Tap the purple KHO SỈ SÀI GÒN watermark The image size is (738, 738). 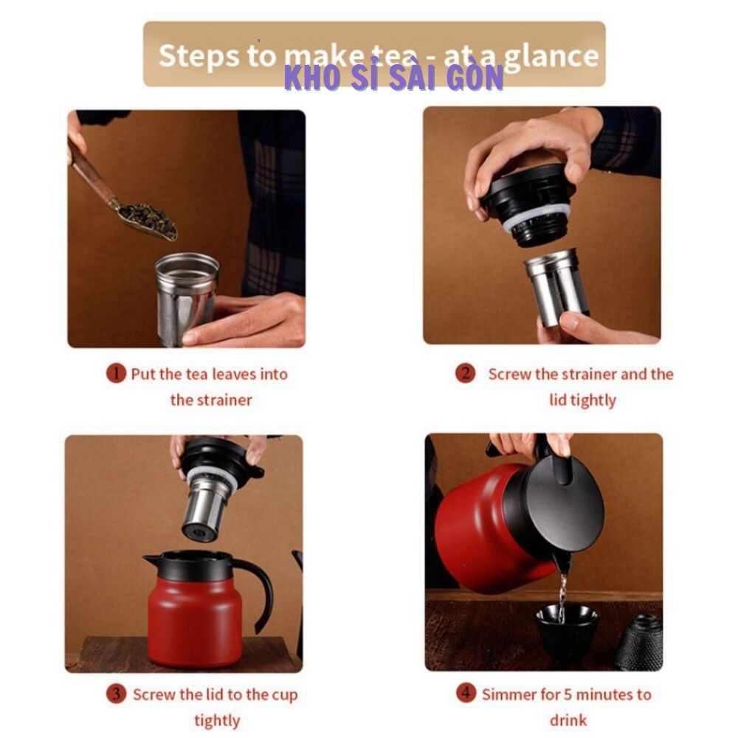pyautogui.click(x=394, y=77)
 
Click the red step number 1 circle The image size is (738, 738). pyautogui.click(x=116, y=373)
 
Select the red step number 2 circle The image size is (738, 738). pyautogui.click(x=465, y=373)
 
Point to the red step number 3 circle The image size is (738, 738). pyautogui.click(x=116, y=694)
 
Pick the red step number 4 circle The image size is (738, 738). pyautogui.click(x=466, y=693)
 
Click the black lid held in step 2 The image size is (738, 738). pyautogui.click(x=527, y=204)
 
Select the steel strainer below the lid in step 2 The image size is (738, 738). pyautogui.click(x=556, y=287)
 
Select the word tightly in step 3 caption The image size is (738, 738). pyautogui.click(x=217, y=721)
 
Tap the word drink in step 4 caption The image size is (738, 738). pyautogui.click(x=568, y=720)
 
